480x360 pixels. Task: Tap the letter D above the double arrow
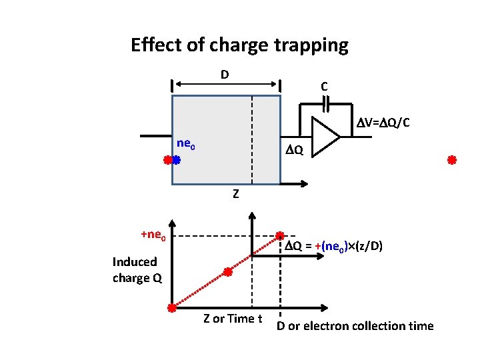click(x=225, y=73)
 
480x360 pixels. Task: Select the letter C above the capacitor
click(x=323, y=87)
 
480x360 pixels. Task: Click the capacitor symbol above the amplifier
click(x=325, y=104)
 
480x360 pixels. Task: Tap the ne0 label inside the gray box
click(x=185, y=143)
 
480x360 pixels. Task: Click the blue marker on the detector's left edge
click(x=177, y=160)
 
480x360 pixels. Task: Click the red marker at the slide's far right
click(x=451, y=160)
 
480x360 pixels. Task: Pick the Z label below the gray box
click(x=235, y=195)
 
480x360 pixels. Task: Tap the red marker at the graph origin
click(x=171, y=308)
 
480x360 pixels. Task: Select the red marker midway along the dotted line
click(x=227, y=272)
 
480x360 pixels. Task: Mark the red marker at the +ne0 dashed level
click(x=281, y=236)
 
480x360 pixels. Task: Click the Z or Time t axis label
click(x=233, y=319)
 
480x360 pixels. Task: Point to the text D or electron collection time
click(x=355, y=326)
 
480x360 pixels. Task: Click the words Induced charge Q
click(x=137, y=270)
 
